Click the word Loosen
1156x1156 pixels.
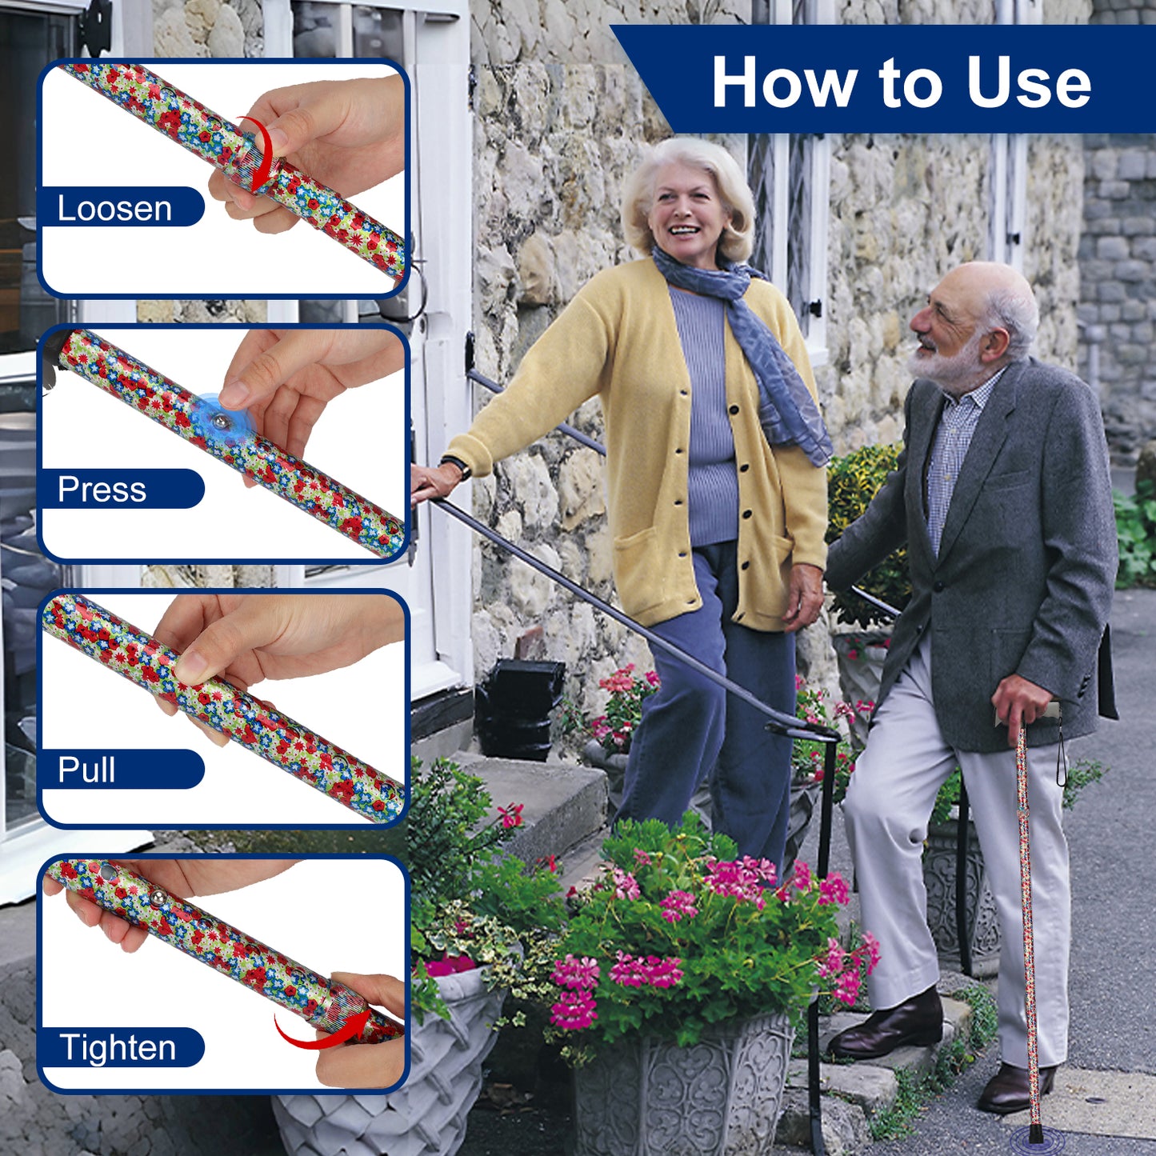point(114,208)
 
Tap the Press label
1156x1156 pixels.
point(102,489)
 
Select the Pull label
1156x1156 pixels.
point(86,769)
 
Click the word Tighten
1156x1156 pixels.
point(118,1047)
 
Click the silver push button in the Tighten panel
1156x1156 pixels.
point(159,898)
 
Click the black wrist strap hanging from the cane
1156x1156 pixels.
point(1061,753)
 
